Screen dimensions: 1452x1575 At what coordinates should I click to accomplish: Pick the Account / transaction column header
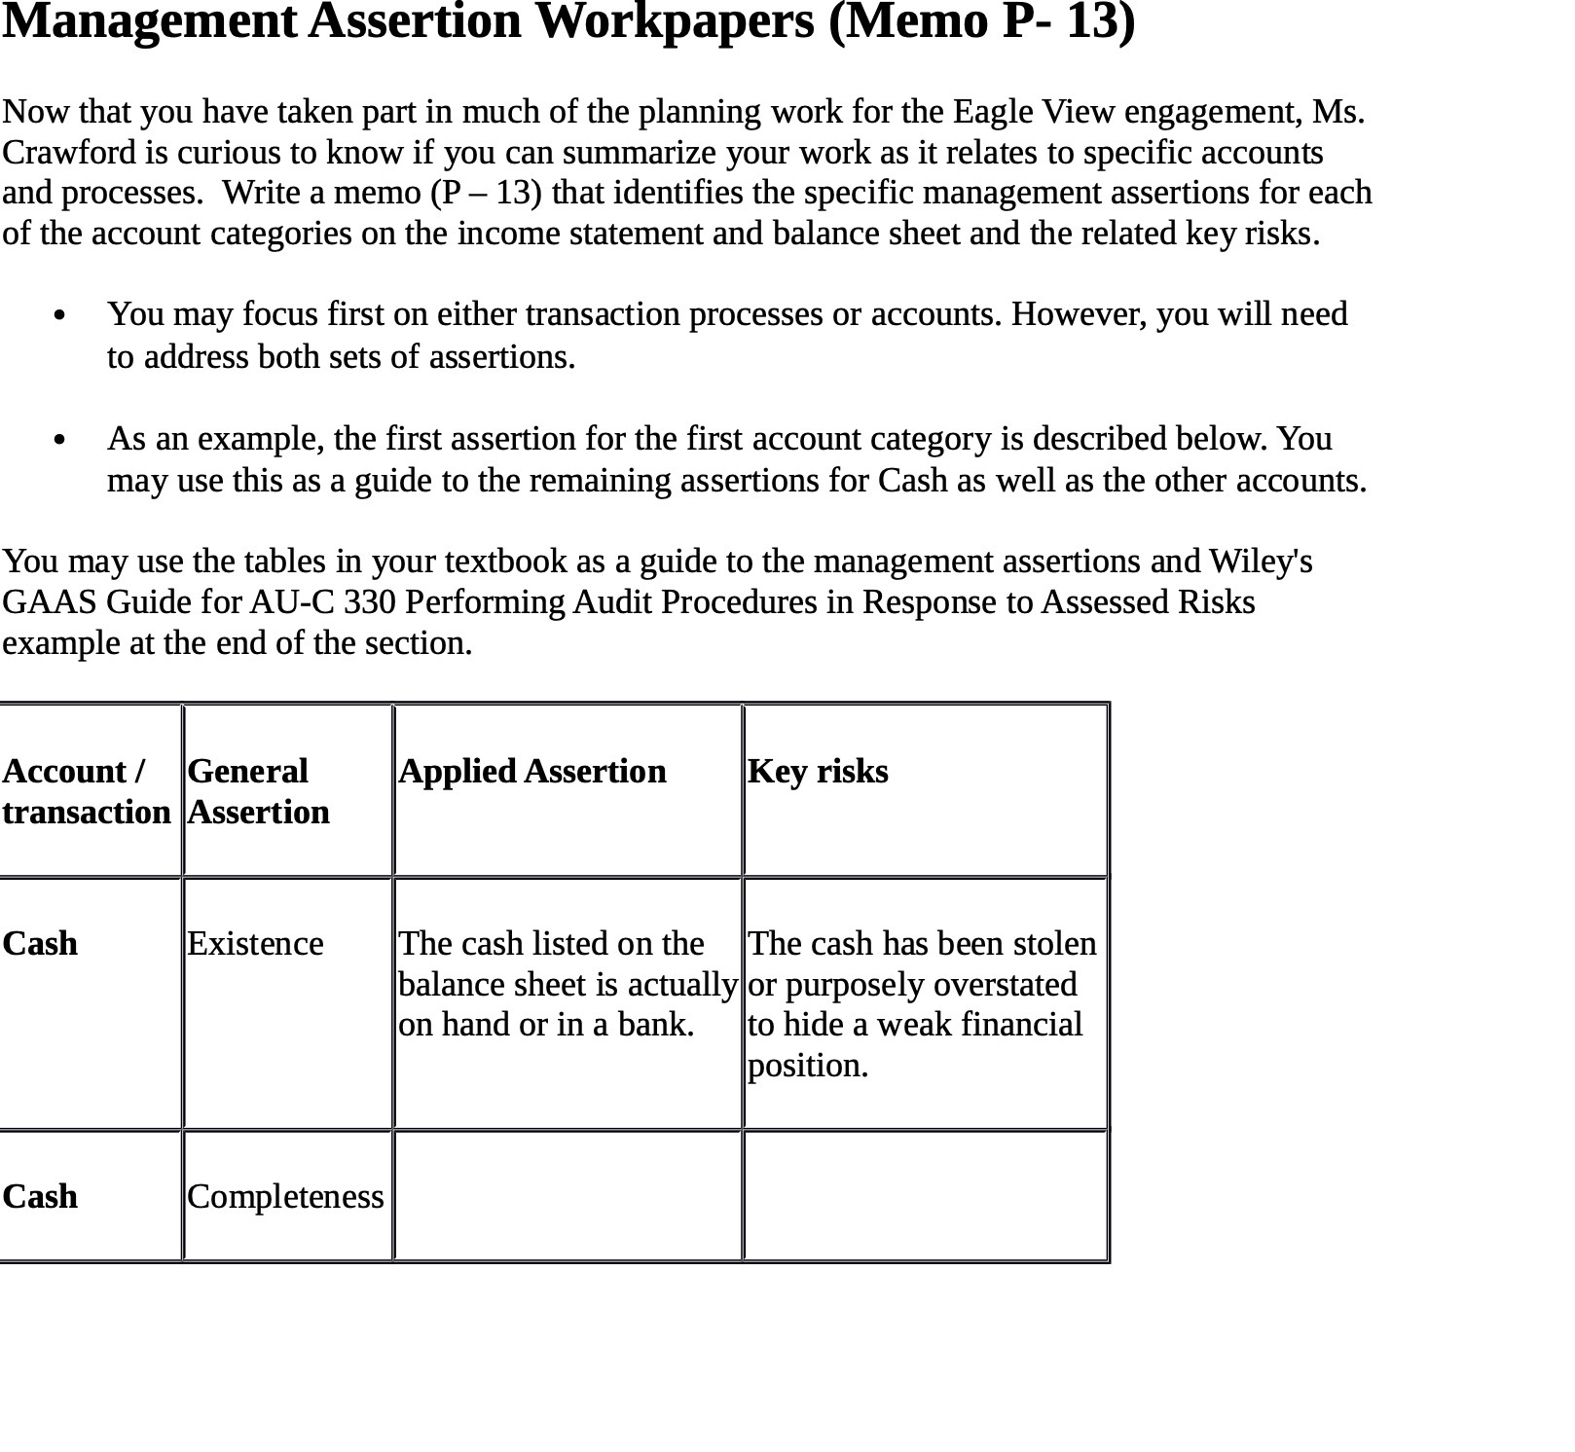86,791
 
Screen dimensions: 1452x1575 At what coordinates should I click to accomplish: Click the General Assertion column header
258,791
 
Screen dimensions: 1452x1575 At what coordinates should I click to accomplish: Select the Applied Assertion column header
532,772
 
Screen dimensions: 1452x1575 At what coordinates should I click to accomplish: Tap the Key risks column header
818,772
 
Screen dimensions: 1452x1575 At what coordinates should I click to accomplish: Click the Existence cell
255,944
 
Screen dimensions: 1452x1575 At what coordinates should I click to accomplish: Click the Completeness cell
285,1197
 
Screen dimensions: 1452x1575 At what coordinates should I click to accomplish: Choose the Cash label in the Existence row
40,944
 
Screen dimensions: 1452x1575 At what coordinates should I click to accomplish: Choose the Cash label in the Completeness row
40,1197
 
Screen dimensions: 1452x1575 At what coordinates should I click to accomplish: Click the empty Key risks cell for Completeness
925,1197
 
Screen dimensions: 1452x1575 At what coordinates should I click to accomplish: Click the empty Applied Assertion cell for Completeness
568,1197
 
